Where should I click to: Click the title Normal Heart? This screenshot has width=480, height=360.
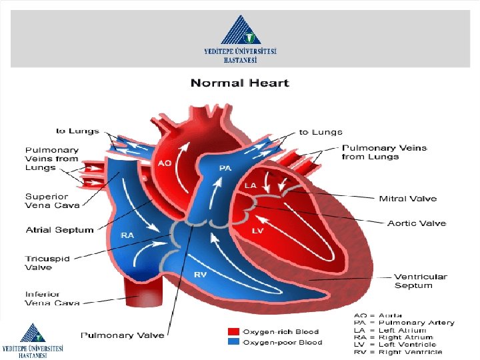point(239,83)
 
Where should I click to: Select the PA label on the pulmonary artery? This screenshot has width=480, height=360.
point(225,168)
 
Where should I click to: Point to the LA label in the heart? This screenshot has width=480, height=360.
point(251,185)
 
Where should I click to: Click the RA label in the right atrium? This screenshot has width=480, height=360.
point(127,235)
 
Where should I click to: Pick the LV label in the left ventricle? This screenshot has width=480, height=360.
point(257,230)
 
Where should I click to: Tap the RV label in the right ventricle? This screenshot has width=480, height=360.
point(200,274)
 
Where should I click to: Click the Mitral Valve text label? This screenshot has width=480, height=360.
point(407,199)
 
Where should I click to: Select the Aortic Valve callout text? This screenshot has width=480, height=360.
point(416,223)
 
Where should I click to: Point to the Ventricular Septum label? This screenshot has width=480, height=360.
point(420,281)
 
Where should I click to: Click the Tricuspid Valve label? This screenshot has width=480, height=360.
point(47,263)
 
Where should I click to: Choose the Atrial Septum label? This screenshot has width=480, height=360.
point(59,230)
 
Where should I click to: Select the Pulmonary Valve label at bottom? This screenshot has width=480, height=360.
point(122,334)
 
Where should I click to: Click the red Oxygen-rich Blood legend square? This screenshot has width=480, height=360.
point(233,331)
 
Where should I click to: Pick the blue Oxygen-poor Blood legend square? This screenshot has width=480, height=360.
point(233,342)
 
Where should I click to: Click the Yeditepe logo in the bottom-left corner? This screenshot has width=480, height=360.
point(32,341)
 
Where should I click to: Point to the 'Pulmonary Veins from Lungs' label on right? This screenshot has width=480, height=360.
point(384,152)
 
